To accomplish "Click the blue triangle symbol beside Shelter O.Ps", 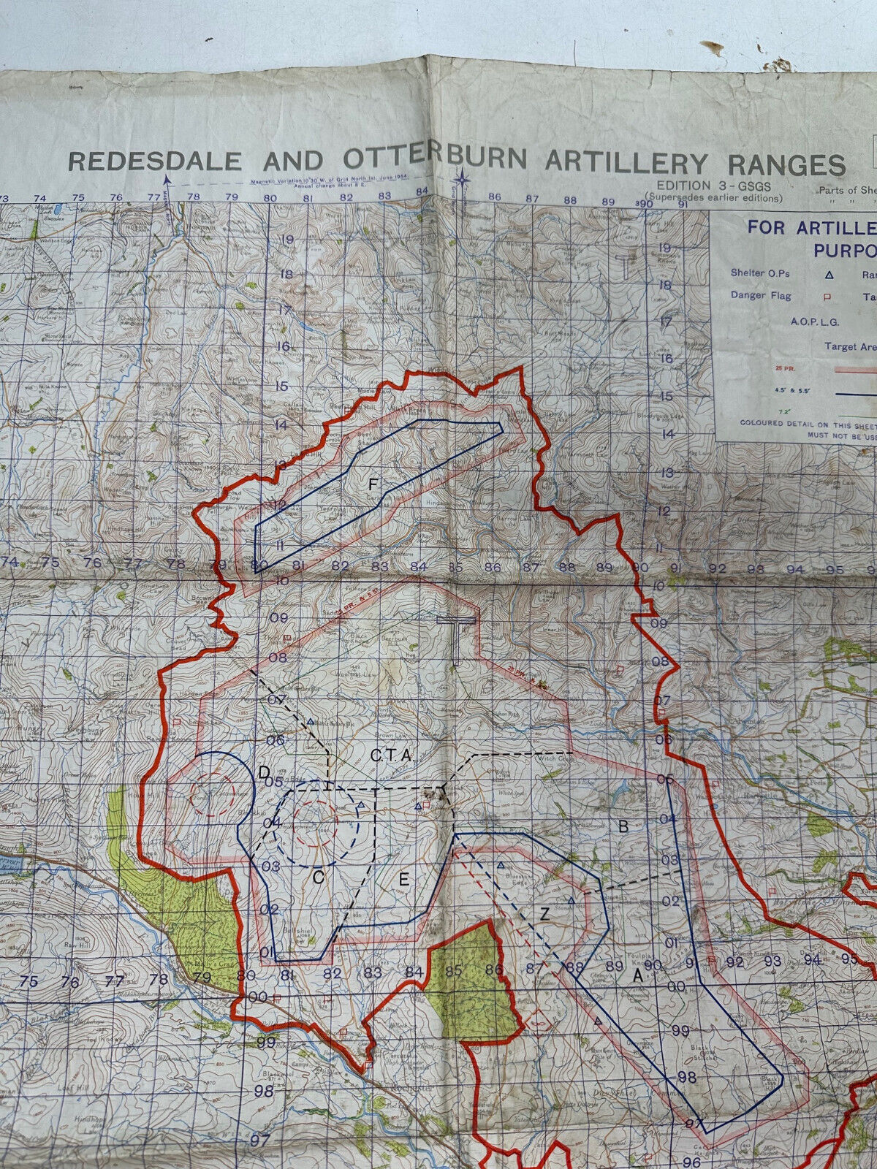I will (829, 275).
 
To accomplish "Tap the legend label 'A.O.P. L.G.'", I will (814, 321).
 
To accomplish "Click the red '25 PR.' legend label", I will (785, 368).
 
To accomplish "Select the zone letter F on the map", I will (373, 484).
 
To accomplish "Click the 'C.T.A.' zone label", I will (392, 757).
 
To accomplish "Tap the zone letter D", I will (265, 773).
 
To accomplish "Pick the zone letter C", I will (318, 877).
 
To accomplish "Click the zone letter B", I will (623, 826).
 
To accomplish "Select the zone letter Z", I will (544, 913).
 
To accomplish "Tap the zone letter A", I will (637, 976).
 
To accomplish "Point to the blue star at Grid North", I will (462, 178).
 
